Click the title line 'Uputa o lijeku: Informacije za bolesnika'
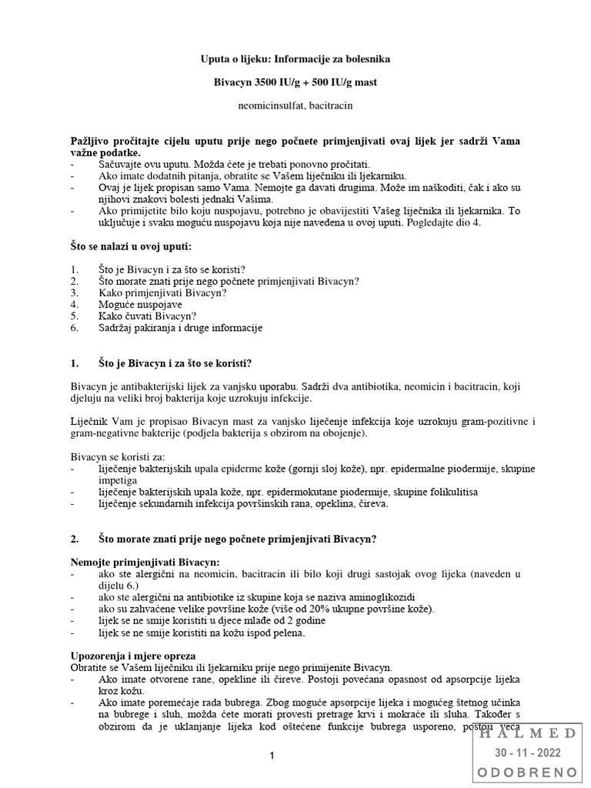295,58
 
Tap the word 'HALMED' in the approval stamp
529,733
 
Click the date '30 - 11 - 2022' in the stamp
529,752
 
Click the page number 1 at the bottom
272,757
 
